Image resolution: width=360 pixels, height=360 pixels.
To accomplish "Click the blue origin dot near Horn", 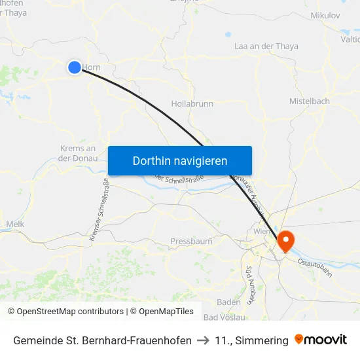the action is tap(75, 67).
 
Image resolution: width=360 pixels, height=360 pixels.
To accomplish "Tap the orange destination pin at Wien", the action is tap(285, 242).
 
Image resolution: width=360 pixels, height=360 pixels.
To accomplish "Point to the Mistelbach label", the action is tap(309, 101).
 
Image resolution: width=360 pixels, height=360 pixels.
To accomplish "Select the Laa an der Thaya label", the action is tap(266, 46).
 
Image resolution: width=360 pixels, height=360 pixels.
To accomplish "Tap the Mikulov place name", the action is tap(325, 14).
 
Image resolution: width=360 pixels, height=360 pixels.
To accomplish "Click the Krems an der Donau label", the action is tap(77, 153).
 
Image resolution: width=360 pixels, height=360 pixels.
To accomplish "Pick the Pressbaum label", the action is tap(191, 242).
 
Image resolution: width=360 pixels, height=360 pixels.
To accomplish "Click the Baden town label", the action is tap(228, 302).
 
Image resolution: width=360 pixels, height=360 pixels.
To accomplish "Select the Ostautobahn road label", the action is tap(315, 268).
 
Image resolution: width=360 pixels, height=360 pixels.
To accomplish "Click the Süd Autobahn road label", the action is tap(249, 284).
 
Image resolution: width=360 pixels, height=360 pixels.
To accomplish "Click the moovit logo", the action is tap(321, 340).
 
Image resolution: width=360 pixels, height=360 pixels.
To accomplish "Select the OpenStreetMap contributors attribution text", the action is tap(65, 312).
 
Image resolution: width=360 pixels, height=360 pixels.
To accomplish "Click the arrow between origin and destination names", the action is tap(203, 340).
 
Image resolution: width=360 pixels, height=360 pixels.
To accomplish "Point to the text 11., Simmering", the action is tap(251, 340).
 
